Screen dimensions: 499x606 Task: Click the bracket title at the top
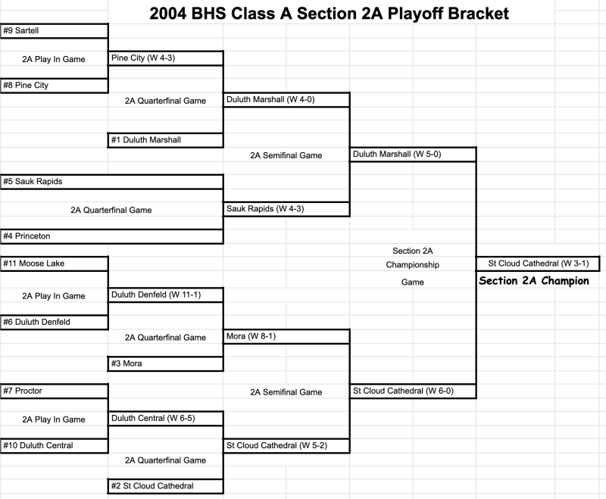click(329, 13)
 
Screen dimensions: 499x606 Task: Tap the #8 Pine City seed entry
click(26, 86)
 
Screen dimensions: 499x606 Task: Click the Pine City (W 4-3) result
click(144, 58)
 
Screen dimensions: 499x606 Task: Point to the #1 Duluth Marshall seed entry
click(146, 140)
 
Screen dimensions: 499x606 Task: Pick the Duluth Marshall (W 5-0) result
click(392, 154)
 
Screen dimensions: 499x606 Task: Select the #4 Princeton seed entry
click(27, 236)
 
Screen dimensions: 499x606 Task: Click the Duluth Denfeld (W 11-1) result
click(156, 294)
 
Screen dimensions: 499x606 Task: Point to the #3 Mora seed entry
click(127, 363)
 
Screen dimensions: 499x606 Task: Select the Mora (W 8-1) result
click(246, 336)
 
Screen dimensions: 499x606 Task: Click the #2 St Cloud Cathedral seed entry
click(152, 486)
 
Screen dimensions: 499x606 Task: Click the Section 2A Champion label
click(533, 281)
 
